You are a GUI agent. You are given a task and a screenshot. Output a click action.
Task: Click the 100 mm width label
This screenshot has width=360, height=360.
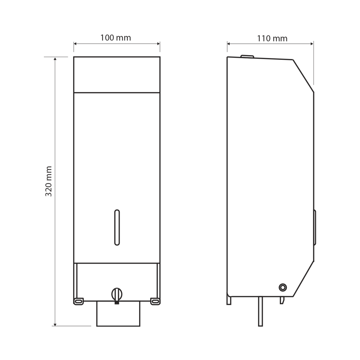point(115,38)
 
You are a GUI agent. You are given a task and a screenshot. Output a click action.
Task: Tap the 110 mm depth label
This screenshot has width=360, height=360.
point(272,38)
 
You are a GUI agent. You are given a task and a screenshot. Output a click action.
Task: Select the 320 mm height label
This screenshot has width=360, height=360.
point(49,181)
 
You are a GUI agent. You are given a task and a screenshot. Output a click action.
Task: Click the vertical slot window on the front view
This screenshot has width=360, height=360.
point(117,227)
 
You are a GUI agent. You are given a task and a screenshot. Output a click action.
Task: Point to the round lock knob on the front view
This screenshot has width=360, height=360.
point(117,294)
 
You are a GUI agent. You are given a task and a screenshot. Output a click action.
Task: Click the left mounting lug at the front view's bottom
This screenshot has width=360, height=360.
point(78,301)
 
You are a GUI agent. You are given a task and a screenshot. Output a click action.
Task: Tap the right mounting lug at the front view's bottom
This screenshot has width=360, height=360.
point(155,301)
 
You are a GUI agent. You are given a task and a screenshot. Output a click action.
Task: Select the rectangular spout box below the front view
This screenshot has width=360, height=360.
point(118,313)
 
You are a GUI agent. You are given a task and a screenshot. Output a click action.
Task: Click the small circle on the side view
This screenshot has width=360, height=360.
point(283,287)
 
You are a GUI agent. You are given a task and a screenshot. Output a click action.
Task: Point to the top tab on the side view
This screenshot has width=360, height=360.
point(247,56)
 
